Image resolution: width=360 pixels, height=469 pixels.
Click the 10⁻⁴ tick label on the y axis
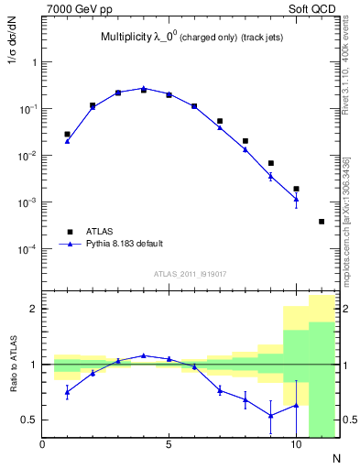tap(28, 249)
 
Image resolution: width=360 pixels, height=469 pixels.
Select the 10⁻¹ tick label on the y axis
tap(28, 109)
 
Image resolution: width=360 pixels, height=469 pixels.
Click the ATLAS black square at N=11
tap(322, 222)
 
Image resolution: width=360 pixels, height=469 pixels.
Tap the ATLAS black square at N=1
tap(68, 135)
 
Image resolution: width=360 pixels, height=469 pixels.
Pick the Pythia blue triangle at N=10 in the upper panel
tap(296, 199)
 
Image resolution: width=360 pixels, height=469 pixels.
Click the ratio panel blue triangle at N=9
tap(271, 415)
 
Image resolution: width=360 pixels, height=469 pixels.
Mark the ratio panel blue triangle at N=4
tap(144, 355)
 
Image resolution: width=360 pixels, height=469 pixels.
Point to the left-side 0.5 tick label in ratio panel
tap(30, 420)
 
